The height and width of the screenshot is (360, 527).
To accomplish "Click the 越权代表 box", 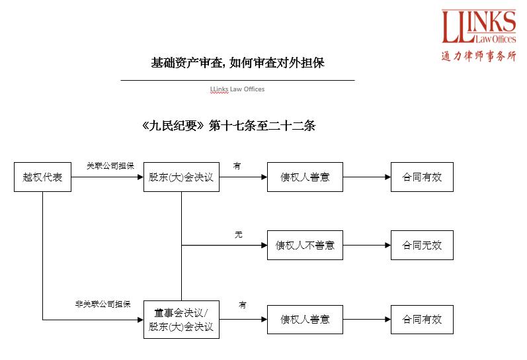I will click(x=42, y=177).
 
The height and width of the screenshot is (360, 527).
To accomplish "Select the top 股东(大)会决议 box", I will click(x=181, y=177).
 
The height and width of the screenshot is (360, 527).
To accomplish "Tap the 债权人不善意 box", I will click(x=305, y=246).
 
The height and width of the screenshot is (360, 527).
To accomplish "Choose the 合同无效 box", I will click(x=422, y=246).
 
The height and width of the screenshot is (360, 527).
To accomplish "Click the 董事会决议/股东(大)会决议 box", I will click(x=181, y=320).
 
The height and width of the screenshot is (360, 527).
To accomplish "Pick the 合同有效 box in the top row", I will click(x=422, y=177).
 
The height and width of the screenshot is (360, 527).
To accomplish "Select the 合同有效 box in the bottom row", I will click(x=422, y=320).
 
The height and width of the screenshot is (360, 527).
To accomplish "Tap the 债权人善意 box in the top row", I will click(x=305, y=177).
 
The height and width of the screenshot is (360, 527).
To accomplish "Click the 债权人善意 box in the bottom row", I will click(x=305, y=320).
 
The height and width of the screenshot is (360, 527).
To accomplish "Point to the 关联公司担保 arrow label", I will click(x=110, y=165).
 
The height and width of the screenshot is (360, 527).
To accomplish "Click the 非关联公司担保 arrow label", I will click(x=102, y=304).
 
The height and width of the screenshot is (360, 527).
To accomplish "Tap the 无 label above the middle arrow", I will click(x=238, y=234).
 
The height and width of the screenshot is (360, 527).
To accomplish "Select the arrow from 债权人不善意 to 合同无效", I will click(x=366, y=246).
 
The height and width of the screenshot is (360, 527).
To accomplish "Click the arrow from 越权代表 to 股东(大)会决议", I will click(x=107, y=177).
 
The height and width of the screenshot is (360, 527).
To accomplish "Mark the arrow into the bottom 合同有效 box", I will click(x=366, y=320).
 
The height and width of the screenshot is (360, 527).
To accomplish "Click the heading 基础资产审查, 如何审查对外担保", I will click(x=237, y=64).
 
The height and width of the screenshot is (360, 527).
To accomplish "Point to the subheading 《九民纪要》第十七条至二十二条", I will click(x=228, y=126).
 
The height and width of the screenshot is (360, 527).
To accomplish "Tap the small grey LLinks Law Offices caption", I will click(x=237, y=89).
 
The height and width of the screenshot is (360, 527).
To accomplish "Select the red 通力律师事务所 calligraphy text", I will click(x=479, y=56).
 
